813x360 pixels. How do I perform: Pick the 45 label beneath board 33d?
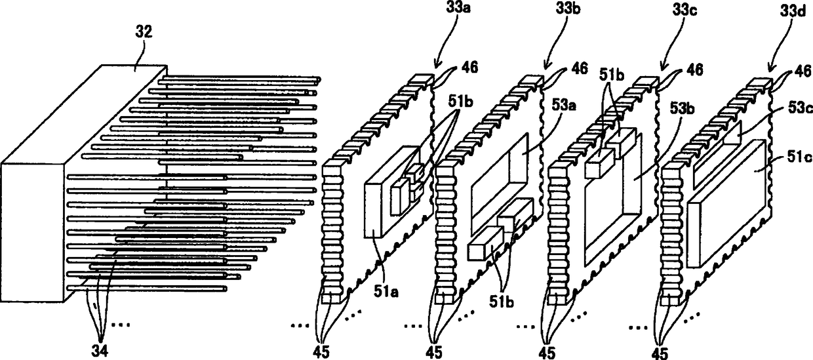point(660,352)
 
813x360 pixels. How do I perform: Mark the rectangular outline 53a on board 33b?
point(500,177)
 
